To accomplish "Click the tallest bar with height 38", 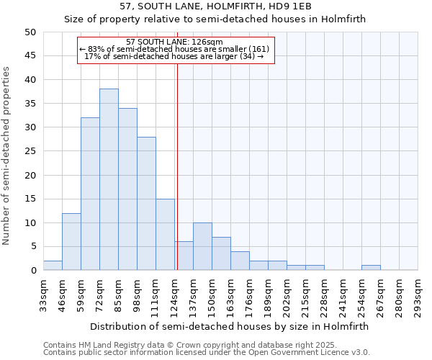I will (109, 179).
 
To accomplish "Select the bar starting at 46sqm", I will (71, 241).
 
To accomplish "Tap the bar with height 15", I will (165, 234).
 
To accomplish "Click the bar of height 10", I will (202, 246).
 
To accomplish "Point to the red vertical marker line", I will (177, 166).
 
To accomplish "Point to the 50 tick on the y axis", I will (30, 32).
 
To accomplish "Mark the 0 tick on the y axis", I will (33, 271).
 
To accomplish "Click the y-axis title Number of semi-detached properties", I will (7, 156).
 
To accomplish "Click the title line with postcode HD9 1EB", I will (215, 6).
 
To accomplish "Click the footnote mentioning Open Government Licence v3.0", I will (207, 353).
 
